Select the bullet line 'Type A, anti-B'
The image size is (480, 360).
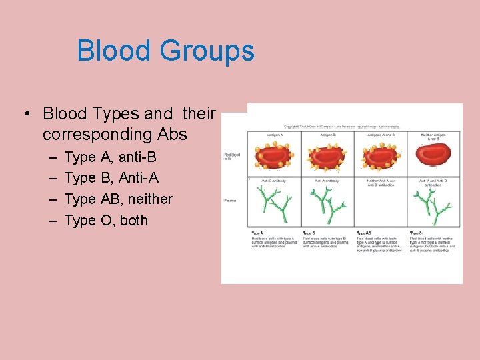[x=110, y=157]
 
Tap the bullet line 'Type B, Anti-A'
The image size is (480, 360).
[x=111, y=178]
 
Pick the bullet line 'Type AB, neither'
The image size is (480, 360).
[x=118, y=199]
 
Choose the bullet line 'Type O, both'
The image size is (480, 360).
[x=106, y=220]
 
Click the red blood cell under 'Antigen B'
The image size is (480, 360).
[x=327, y=156]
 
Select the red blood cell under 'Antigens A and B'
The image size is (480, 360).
[x=381, y=156]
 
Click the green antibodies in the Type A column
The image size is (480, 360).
[x=273, y=203]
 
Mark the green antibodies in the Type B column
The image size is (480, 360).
[x=327, y=203]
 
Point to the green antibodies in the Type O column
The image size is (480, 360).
[x=433, y=203]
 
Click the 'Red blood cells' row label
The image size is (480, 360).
[x=232, y=157]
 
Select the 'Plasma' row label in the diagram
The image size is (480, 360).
[x=231, y=201]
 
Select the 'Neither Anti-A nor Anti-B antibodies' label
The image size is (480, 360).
[x=381, y=182]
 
